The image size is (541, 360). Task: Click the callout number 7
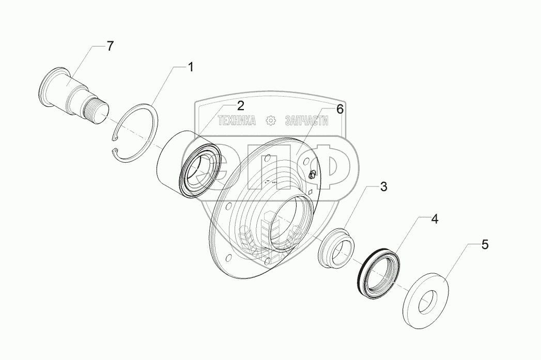pyautogui.click(x=110, y=46)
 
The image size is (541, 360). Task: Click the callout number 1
pyautogui.click(x=191, y=67)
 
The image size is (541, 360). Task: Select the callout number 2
pyautogui.click(x=240, y=106)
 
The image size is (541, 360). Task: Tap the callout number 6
pyautogui.click(x=339, y=109)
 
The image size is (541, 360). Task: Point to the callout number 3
pyautogui.click(x=383, y=187)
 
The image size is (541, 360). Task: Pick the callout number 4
pyautogui.click(x=435, y=219)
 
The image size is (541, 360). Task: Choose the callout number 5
pyautogui.click(x=484, y=244)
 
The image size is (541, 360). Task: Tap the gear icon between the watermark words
pyautogui.click(x=270, y=121)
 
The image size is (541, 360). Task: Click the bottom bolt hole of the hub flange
pyautogui.click(x=267, y=260)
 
